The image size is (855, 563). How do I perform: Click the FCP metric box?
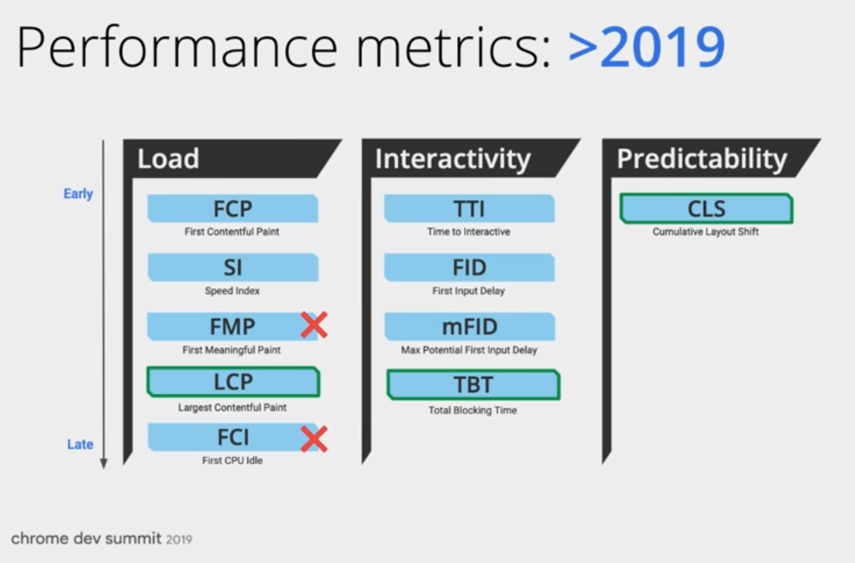pyautogui.click(x=232, y=209)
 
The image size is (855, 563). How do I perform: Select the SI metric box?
pyautogui.click(x=232, y=268)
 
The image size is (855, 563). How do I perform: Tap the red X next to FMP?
pyautogui.click(x=314, y=326)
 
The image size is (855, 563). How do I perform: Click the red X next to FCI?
pyautogui.click(x=314, y=440)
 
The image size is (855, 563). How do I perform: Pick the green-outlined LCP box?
pyautogui.click(x=232, y=383)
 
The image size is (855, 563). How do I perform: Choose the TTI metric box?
pyautogui.click(x=469, y=209)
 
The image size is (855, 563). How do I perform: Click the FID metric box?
pyautogui.click(x=469, y=268)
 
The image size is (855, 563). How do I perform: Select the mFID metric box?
pyautogui.click(x=469, y=327)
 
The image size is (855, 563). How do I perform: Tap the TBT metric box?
pyautogui.click(x=472, y=385)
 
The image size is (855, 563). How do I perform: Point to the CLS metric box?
pyautogui.click(x=706, y=209)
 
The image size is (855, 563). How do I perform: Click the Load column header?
pyautogui.click(x=169, y=159)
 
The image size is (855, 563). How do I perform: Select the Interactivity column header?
pyautogui.click(x=453, y=159)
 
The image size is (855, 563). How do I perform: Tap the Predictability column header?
pyautogui.click(x=702, y=159)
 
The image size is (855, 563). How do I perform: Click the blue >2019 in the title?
pyautogui.click(x=647, y=48)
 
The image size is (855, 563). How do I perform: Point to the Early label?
pyautogui.click(x=78, y=194)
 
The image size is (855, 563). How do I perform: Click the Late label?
pyautogui.click(x=80, y=445)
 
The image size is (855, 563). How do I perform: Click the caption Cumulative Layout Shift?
pyautogui.click(x=706, y=232)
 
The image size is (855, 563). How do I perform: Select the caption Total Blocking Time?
pyautogui.click(x=472, y=410)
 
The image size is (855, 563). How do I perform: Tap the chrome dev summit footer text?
pyautogui.click(x=101, y=538)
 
